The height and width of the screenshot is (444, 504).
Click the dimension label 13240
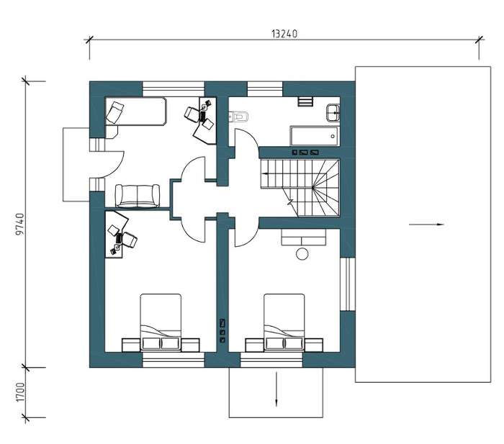click(284, 33)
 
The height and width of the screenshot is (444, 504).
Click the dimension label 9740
click(19, 224)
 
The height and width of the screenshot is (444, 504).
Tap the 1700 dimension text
click(20, 392)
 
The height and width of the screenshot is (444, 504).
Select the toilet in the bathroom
click(238, 117)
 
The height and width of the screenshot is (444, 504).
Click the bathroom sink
click(333, 112)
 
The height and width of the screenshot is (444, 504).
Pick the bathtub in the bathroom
click(315, 136)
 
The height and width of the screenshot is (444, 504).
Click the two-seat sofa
click(138, 196)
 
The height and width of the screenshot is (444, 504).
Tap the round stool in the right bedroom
click(302, 254)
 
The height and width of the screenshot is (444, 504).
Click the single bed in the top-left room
click(135, 111)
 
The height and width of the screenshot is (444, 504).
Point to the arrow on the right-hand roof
click(426, 225)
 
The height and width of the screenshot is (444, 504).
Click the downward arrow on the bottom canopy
click(276, 389)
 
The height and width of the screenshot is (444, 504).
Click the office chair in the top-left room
click(192, 114)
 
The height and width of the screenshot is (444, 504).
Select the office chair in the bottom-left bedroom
click(130, 240)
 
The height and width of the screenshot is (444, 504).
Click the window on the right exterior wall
click(347, 284)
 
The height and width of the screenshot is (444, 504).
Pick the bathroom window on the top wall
click(264, 89)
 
